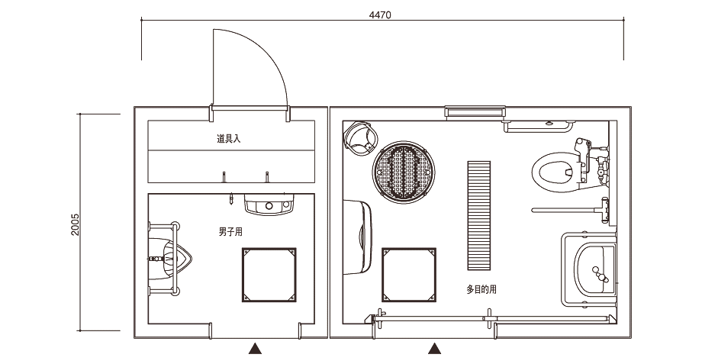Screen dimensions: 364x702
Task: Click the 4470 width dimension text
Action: [x=380, y=15]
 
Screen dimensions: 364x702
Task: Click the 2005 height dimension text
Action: [x=75, y=224]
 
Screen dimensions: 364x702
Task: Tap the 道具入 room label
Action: [x=228, y=140]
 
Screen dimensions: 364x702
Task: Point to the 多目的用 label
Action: [x=481, y=289]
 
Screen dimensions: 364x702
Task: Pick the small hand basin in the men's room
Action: [x=269, y=204]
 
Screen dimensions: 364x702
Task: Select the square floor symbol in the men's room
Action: [x=268, y=274]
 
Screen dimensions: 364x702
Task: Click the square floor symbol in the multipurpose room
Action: [x=409, y=274]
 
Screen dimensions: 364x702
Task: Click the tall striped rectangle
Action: [x=479, y=214]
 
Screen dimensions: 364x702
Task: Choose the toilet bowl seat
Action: [x=553, y=172]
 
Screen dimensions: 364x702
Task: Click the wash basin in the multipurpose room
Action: [x=597, y=270]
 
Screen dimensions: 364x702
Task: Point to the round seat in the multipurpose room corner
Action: [x=361, y=139]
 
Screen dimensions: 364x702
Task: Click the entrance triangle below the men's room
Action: [x=255, y=350]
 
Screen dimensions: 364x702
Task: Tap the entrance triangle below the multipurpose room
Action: [x=434, y=350]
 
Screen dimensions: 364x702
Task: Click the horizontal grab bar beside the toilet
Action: [x=565, y=208]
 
